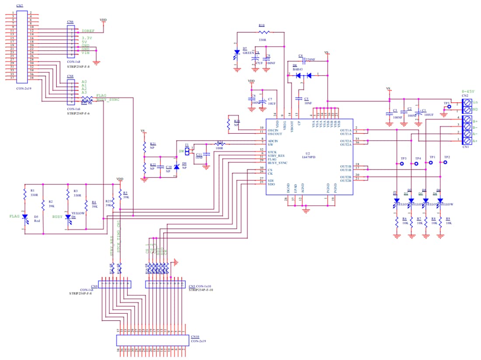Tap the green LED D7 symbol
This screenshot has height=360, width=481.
tap(237, 53)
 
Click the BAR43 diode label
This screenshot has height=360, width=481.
tap(298, 69)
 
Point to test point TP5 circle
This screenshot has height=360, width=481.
tap(449, 107)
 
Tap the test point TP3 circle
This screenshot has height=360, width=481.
tap(402, 164)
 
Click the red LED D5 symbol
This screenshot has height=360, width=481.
tap(25, 217)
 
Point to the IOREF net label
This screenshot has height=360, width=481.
tap(88, 31)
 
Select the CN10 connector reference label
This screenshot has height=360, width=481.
tap(195, 337)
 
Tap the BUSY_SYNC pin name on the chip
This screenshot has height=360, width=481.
tap(278, 163)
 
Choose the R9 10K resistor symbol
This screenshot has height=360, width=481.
tap(440, 222)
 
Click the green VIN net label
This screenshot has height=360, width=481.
tap(85, 53)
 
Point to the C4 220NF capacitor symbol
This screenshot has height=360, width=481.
tap(302, 59)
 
